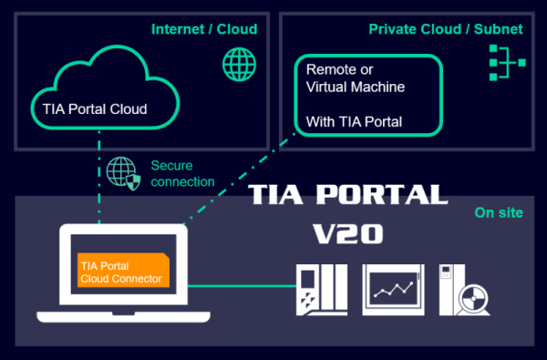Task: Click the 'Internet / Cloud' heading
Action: pyautogui.click(x=204, y=29)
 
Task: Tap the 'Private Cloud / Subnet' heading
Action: pyautogui.click(x=446, y=29)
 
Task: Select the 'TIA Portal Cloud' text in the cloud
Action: pyautogui.click(x=95, y=109)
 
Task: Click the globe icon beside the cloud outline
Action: pyautogui.click(x=239, y=65)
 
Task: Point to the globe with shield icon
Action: pyautogui.click(x=123, y=173)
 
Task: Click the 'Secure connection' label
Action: pyautogui.click(x=182, y=173)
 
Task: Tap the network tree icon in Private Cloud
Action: pyautogui.click(x=507, y=63)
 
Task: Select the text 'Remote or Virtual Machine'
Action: pyautogui.click(x=356, y=78)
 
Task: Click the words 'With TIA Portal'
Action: pyautogui.click(x=354, y=122)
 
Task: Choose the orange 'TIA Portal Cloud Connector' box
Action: pyautogui.click(x=123, y=270)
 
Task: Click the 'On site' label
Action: pyautogui.click(x=499, y=212)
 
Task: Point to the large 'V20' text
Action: pyautogui.click(x=348, y=233)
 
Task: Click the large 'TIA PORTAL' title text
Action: pyautogui.click(x=348, y=194)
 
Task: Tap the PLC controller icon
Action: pyautogui.click(x=322, y=290)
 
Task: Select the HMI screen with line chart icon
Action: pyautogui.click(x=393, y=290)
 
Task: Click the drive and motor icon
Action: pyautogui.click(x=464, y=290)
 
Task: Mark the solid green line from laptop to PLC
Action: pyautogui.click(x=242, y=286)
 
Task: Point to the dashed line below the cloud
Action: pyautogui.click(x=99, y=177)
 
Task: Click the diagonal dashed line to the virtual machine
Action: pyautogui.click(x=239, y=179)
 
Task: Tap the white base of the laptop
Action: pyautogui.click(x=123, y=317)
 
